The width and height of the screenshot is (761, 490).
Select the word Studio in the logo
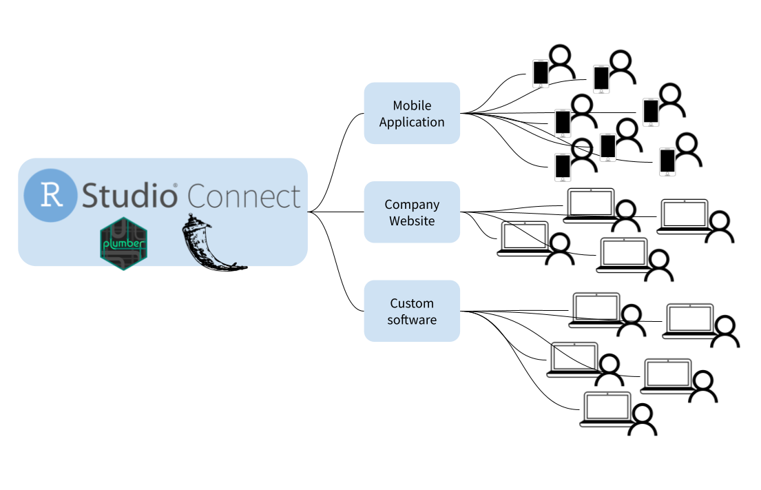pyautogui.click(x=129, y=196)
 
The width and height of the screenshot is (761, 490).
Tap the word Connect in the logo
pyautogui.click(x=244, y=196)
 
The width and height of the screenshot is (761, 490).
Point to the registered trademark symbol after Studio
pyautogui.click(x=175, y=186)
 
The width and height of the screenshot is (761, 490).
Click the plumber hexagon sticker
pyautogui.click(x=124, y=243)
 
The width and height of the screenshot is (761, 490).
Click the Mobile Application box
pyautogui.click(x=412, y=113)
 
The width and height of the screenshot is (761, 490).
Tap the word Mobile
pyautogui.click(x=412, y=105)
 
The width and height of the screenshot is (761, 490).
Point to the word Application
pyautogui.click(x=412, y=122)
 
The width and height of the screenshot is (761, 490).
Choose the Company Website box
pyautogui.click(x=412, y=212)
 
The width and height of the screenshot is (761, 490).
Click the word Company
pyautogui.click(x=412, y=205)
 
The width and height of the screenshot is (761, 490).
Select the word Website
pyautogui.click(x=412, y=221)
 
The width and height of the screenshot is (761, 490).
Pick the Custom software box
pyautogui.click(x=412, y=311)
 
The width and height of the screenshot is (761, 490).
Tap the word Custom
pyautogui.click(x=412, y=303)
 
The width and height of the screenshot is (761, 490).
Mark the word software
pyautogui.click(x=412, y=320)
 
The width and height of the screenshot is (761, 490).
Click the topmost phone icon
pyautogui.click(x=541, y=74)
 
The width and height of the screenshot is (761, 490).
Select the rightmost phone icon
pyautogui.click(x=667, y=162)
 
